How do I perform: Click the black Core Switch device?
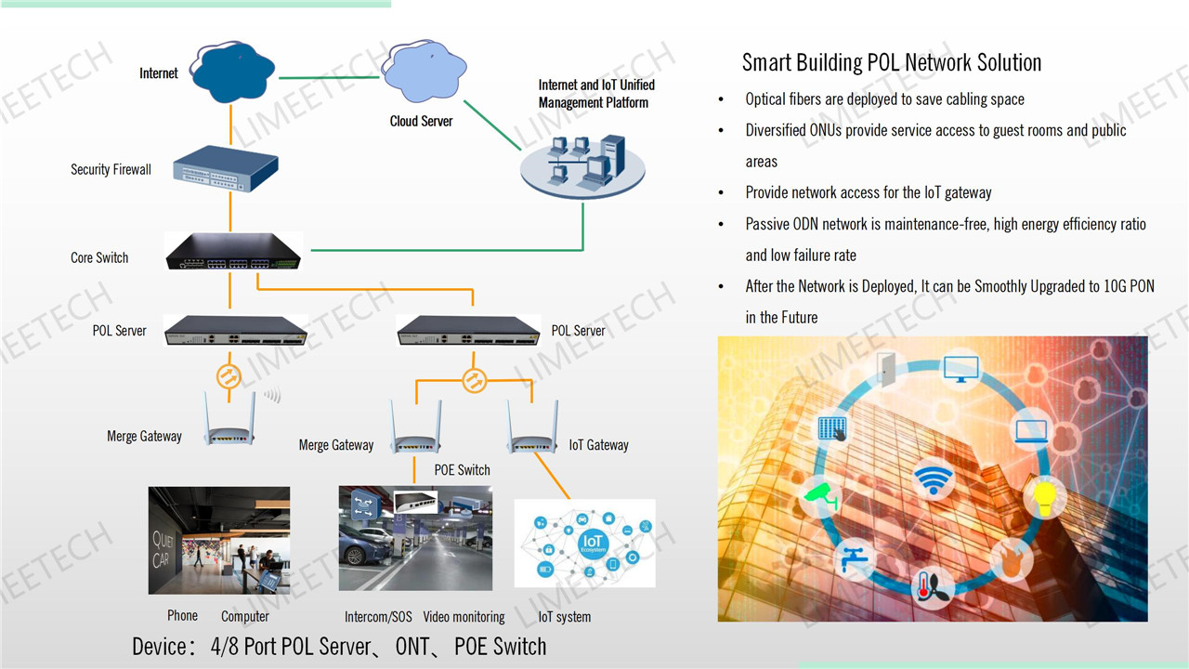pyautogui.click(x=234, y=251)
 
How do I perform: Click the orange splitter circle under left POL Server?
pyautogui.click(x=229, y=376)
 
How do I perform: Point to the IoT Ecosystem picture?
pyautogui.click(x=584, y=543)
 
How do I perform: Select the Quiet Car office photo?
pyautogui.click(x=219, y=540)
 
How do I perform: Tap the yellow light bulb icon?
pyautogui.click(x=1041, y=496)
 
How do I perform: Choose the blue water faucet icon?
pyautogui.click(x=853, y=557)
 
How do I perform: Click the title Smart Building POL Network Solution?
pyautogui.click(x=891, y=63)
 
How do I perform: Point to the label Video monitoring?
pyautogui.click(x=464, y=617)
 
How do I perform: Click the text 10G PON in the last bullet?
pyautogui.click(x=1115, y=286)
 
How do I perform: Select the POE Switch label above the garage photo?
pyautogui.click(x=462, y=470)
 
